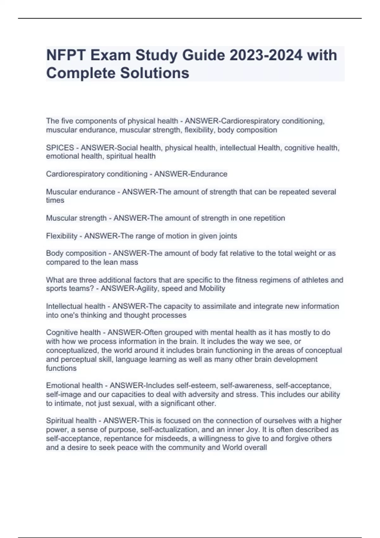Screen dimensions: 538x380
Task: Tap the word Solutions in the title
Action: coord(154,73)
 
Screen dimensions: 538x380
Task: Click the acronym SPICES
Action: coord(60,148)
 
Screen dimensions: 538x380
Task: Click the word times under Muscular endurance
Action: coord(55,200)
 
